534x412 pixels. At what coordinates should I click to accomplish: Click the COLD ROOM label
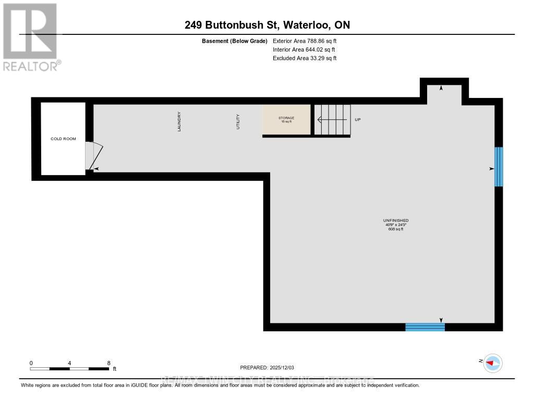coord(63,139)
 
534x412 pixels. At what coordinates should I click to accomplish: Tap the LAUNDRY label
coord(179,121)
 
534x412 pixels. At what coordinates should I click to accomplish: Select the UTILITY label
coord(238,121)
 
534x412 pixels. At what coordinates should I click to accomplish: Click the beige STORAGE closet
coord(286,120)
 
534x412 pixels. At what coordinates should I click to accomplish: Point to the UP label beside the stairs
coord(358,120)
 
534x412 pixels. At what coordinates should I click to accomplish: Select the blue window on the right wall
coord(499,167)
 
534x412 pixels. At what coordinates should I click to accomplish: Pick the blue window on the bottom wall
coord(425,327)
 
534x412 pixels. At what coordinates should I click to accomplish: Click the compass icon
coord(492,363)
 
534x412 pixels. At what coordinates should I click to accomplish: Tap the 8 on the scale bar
coord(108,363)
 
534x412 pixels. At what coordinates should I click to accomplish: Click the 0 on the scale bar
coord(31,363)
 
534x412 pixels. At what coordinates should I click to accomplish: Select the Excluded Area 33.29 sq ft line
coord(305,58)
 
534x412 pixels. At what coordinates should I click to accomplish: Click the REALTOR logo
coord(31,36)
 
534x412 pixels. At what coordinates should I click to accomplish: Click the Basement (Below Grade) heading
coord(234,41)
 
